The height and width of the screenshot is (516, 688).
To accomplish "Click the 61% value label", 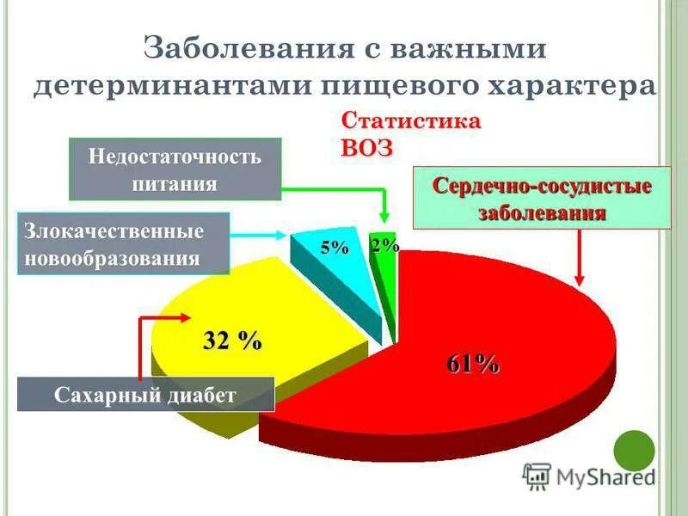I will pyautogui.click(x=472, y=364).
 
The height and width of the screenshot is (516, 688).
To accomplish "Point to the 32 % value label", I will pyautogui.click(x=232, y=341).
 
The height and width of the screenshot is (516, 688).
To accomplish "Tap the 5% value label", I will pyautogui.click(x=335, y=249).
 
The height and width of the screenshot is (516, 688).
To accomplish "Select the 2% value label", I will pyautogui.click(x=384, y=245).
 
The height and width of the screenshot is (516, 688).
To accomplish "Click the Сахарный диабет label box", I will pyautogui.click(x=144, y=395).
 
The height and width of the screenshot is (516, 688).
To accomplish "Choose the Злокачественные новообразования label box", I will pyautogui.click(x=123, y=244).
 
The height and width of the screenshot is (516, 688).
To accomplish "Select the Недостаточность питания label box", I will pyautogui.click(x=175, y=170).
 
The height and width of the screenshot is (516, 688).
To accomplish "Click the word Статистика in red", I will pyautogui.click(x=411, y=120).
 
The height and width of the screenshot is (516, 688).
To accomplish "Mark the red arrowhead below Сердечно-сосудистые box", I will pyautogui.click(x=580, y=278).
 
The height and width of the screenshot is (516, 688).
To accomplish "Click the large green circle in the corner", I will pyautogui.click(x=635, y=451).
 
